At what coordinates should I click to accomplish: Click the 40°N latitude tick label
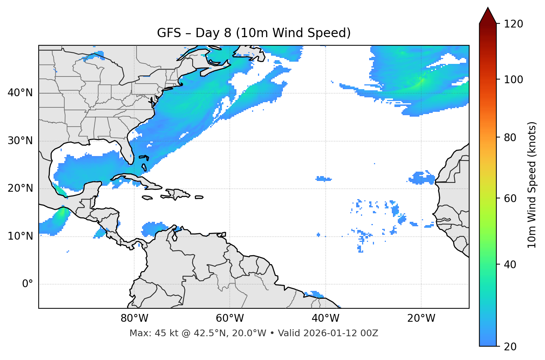20,93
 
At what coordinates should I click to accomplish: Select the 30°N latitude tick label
20,141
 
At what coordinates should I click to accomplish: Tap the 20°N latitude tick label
20,188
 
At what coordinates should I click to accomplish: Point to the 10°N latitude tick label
20,236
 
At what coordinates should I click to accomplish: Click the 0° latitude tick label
28,284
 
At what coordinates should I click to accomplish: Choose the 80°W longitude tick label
134,318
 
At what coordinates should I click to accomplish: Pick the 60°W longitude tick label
230,318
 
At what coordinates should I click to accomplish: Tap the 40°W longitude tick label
325,318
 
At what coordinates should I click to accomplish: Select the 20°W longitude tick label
421,318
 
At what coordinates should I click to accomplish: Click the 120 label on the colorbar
513,24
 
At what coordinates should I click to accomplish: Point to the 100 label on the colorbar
513,80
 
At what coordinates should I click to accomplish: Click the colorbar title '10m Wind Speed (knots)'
532,185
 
